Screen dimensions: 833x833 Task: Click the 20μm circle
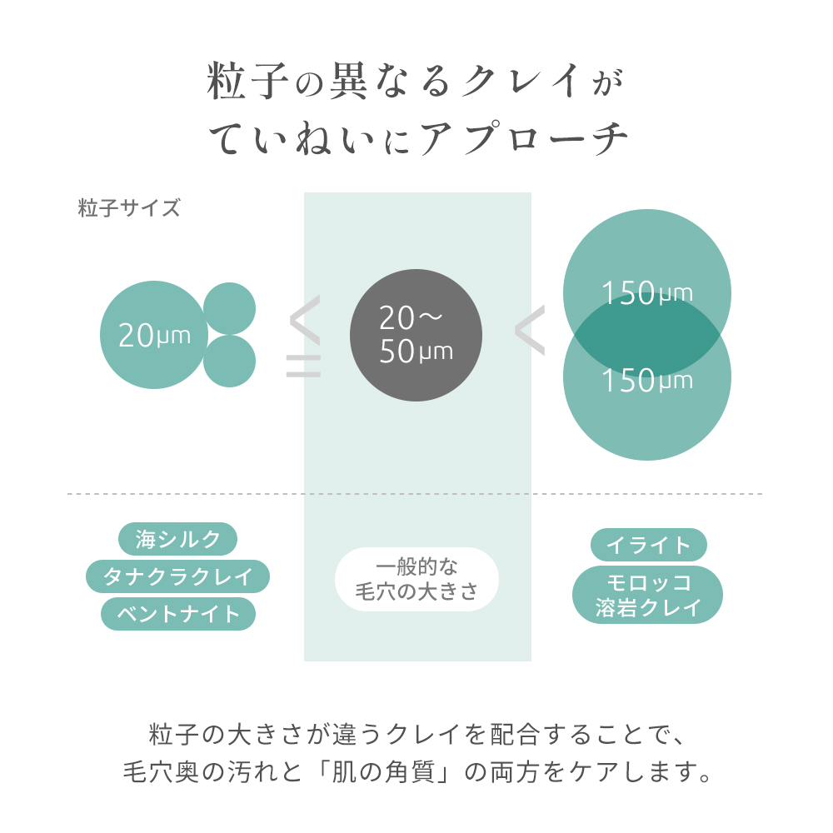pos(154,335)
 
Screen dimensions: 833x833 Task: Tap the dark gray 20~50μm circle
pos(416,335)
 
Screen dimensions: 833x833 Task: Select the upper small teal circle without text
pos(230,309)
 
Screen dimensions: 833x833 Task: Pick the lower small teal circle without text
pos(230,362)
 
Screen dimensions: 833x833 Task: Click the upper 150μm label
pos(647,292)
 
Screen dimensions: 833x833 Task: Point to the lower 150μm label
pos(647,380)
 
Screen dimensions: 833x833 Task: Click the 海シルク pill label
pos(177,539)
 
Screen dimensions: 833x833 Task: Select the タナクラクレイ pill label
pos(177,576)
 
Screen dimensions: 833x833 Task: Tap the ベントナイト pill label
pos(178,614)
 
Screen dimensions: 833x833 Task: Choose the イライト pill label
pos(649,545)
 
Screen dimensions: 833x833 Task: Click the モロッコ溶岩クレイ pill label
pos(647,595)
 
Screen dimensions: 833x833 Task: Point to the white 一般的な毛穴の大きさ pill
pos(417,579)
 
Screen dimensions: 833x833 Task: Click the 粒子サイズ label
pos(129,207)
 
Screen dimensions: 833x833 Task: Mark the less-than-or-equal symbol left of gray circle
pos(304,337)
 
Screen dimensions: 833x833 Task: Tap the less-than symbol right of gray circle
pos(530,330)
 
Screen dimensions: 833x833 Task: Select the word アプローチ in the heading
pos(524,138)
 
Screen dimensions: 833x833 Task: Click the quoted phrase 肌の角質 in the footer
pos(383,772)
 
